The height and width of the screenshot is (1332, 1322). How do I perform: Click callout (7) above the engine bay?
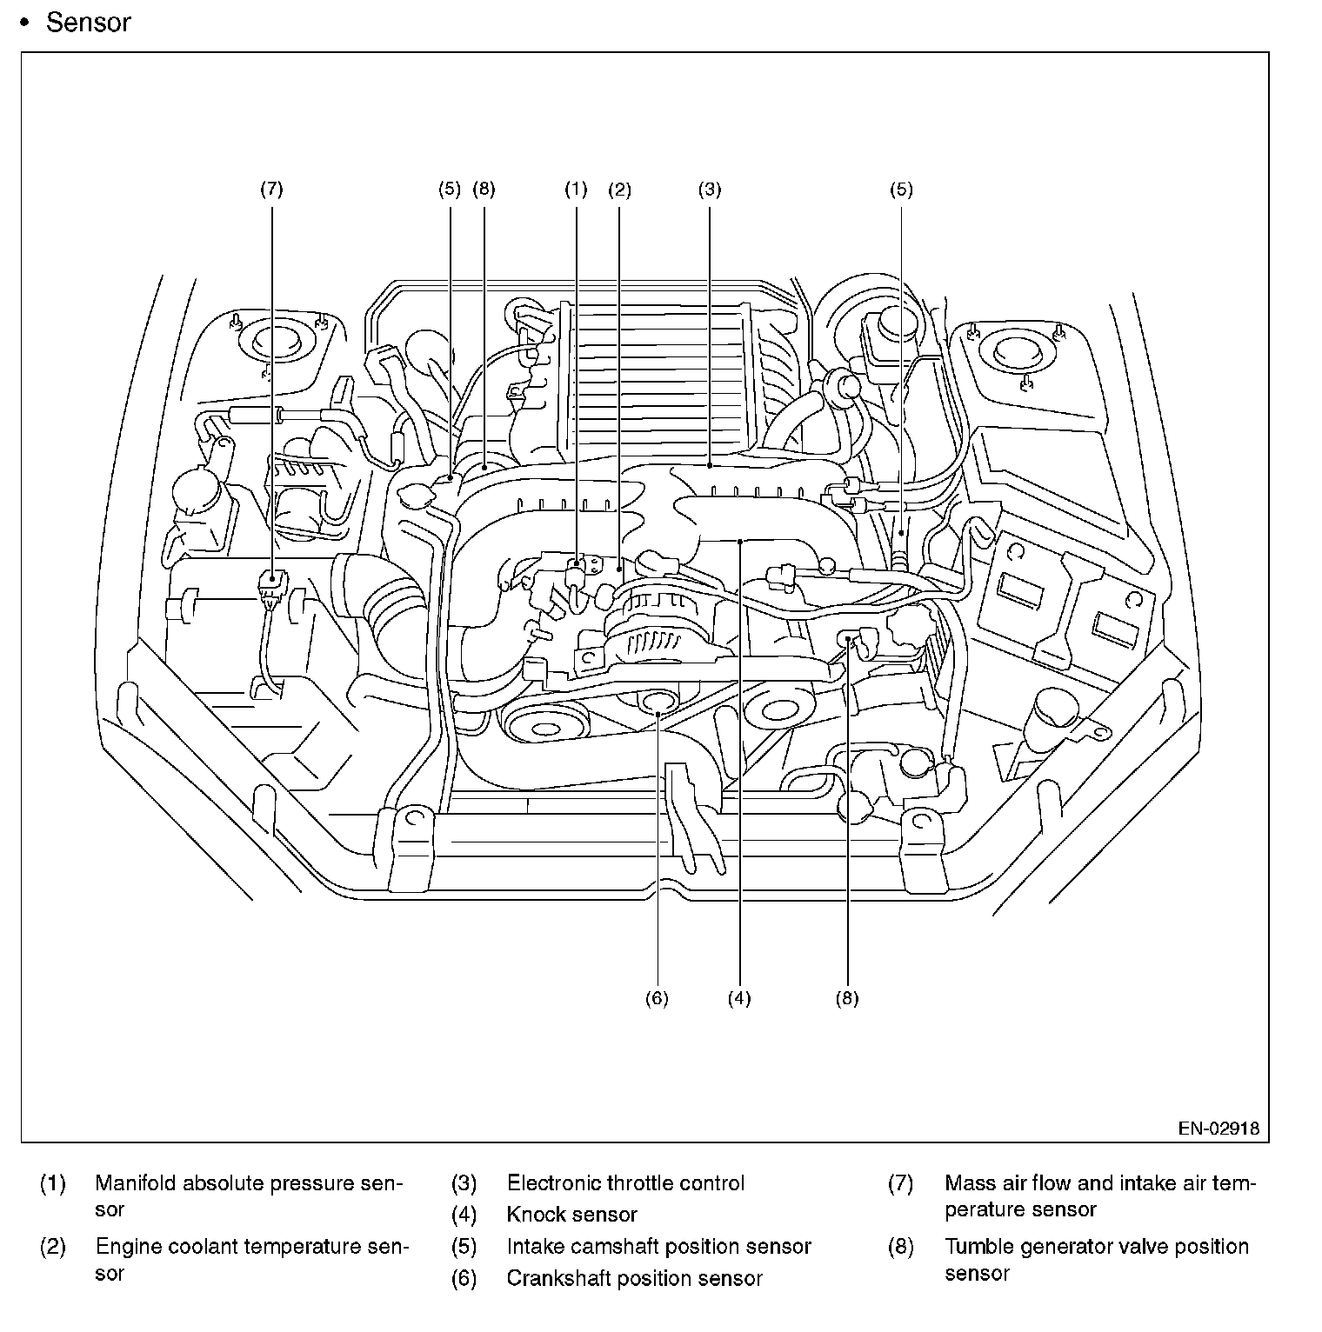[x=272, y=189]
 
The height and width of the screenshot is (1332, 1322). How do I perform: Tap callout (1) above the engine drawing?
[x=576, y=189]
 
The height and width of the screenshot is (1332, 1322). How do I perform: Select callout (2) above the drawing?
[x=619, y=189]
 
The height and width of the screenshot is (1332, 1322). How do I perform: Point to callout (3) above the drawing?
[x=710, y=189]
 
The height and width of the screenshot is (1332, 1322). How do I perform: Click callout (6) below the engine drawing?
[x=657, y=998]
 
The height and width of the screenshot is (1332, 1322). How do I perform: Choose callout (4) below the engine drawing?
[x=739, y=998]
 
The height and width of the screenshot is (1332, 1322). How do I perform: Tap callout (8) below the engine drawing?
[x=847, y=998]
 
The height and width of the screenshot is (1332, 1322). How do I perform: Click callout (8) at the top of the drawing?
[x=484, y=189]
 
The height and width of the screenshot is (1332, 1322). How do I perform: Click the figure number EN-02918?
[x=1219, y=1129]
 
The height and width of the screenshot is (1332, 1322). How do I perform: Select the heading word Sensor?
[x=88, y=23]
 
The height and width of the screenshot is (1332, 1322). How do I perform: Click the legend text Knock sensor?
[x=572, y=1215]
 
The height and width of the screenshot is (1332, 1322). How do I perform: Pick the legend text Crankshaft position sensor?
[x=635, y=1278]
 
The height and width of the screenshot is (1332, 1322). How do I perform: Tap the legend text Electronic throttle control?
[x=626, y=1183]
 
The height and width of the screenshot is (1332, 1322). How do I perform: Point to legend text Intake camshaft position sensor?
[x=659, y=1247]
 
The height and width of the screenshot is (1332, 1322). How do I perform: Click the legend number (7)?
[x=901, y=1183]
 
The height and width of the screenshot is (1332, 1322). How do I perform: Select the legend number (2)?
[x=53, y=1247]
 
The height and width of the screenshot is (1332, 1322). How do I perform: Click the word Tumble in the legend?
[x=975, y=1247]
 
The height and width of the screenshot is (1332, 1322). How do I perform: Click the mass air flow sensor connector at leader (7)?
[x=272, y=589]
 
